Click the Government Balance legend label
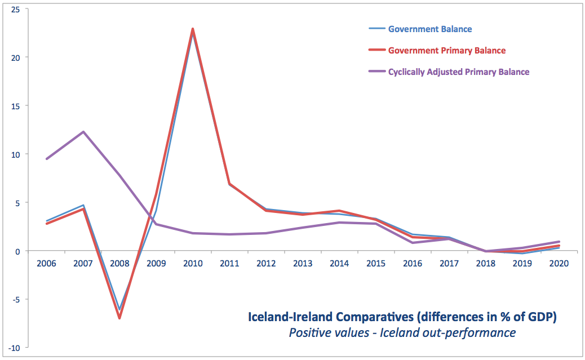[430, 29]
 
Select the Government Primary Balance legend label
[447, 50]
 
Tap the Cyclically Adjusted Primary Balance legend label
[459, 72]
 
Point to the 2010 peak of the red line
[193, 29]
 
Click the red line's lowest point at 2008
[119, 318]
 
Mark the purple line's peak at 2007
[83, 132]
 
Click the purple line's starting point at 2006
[47, 159]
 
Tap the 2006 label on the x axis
[47, 263]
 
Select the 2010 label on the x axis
[193, 263]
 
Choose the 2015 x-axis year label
[376, 263]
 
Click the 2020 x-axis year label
[559, 263]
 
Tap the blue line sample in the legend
[376, 28]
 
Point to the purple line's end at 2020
[559, 241]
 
